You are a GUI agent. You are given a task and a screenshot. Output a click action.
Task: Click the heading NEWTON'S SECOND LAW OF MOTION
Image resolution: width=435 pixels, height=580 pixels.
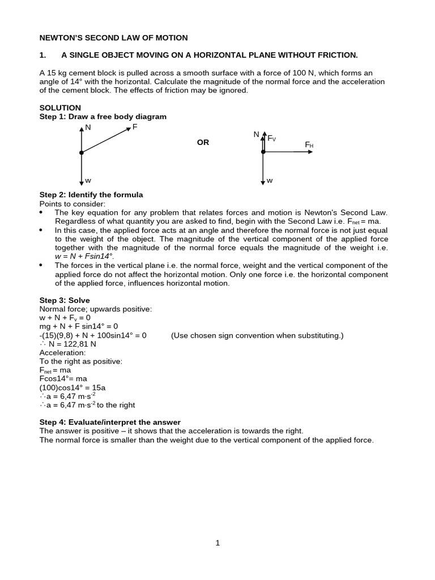click(113, 38)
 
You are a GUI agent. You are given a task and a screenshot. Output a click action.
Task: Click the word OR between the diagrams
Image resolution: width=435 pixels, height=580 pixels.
click(203, 143)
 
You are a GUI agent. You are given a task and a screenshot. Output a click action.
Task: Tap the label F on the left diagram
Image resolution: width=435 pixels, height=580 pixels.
click(134, 127)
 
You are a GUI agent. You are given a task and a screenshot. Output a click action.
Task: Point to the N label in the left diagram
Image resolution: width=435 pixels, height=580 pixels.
click(88, 129)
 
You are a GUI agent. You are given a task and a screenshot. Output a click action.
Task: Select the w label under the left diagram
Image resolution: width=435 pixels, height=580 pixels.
click(88, 181)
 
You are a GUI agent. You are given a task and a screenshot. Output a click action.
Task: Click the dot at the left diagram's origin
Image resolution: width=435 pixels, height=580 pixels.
click(82, 153)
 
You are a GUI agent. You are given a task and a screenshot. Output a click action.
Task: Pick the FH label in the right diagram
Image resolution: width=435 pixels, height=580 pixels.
click(309, 145)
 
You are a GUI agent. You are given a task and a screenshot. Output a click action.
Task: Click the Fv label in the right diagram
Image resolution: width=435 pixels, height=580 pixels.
click(271, 138)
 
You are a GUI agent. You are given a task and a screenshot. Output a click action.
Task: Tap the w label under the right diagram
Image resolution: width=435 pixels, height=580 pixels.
click(270, 181)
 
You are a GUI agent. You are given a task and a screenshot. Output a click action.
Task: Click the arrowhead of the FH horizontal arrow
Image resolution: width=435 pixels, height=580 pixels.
click(310, 152)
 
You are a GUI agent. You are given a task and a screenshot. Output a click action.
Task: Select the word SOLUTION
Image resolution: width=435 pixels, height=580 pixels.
click(60, 108)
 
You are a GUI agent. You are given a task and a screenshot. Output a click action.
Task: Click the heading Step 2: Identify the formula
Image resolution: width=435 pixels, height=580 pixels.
click(91, 195)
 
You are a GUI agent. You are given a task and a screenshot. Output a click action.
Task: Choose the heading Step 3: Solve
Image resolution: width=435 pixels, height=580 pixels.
click(65, 300)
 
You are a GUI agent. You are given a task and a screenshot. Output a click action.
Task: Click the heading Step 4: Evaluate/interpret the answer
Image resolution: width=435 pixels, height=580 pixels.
click(110, 422)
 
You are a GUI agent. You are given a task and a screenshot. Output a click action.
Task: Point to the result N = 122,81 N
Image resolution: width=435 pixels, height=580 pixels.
click(68, 344)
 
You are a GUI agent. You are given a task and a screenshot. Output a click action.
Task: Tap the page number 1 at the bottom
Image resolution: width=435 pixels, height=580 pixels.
click(217, 543)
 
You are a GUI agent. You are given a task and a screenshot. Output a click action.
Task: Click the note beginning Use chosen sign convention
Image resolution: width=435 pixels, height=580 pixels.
click(257, 335)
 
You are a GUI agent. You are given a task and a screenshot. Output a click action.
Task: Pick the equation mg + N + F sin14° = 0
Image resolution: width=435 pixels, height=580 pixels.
click(79, 326)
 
